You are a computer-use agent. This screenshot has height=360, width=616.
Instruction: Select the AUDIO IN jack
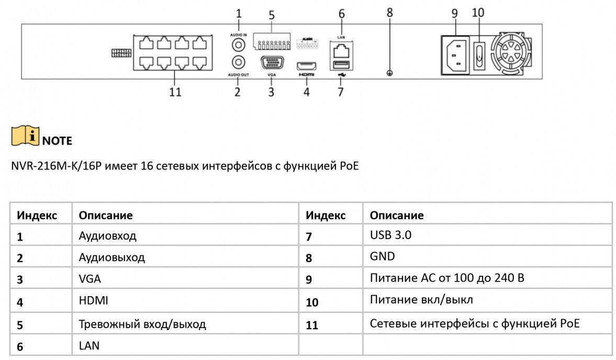pos(239,43)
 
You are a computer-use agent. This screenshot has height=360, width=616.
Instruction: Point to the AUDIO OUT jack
pos(239,62)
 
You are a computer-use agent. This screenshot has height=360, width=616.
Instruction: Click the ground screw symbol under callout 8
pos(389,73)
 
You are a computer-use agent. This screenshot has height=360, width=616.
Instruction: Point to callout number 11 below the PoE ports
pos(175,92)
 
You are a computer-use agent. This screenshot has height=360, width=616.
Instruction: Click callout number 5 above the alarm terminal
pos(272,15)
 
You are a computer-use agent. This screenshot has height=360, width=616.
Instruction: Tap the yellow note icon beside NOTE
pos(25,136)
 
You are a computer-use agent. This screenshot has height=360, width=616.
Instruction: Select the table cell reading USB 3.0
pos(390,235)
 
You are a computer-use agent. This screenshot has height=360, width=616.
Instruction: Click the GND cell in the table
pos(382,256)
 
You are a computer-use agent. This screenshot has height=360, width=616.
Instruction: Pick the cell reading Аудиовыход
pos(111,257)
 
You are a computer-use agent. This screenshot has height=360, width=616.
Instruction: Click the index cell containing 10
pos(312,302)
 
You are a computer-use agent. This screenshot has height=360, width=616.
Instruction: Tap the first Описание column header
pos(105,215)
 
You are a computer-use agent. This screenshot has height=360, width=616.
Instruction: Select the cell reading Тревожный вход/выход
pos(142,324)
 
